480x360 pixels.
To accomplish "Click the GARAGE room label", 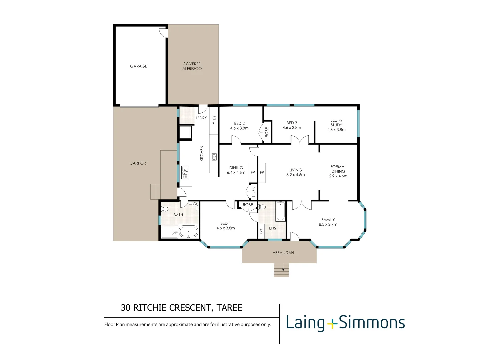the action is click(x=138, y=66).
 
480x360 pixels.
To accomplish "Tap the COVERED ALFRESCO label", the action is click(x=192, y=66).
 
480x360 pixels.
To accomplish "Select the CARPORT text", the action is click(x=138, y=163).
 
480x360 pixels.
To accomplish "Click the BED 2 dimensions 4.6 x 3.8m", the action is click(x=239, y=128).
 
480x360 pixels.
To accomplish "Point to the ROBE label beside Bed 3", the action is click(x=267, y=132).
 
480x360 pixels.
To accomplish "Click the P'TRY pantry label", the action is click(x=214, y=120).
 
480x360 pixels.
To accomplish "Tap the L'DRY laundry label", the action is click(x=201, y=118).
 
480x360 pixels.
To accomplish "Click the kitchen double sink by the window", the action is click(x=185, y=172).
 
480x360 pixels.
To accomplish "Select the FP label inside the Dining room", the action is click(x=253, y=172).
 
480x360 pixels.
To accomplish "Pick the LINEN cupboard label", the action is click(x=253, y=192).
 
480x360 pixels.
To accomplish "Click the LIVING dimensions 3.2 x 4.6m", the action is click(x=295, y=175).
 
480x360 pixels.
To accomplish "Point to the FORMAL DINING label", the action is click(x=338, y=169).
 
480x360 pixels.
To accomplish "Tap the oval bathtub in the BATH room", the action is click(x=189, y=231).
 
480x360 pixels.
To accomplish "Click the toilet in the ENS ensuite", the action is click(x=262, y=207).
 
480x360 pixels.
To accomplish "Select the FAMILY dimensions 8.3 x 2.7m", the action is click(x=328, y=224).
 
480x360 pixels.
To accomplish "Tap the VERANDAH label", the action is click(x=283, y=253).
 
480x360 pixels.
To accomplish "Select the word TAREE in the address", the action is click(x=229, y=308).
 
